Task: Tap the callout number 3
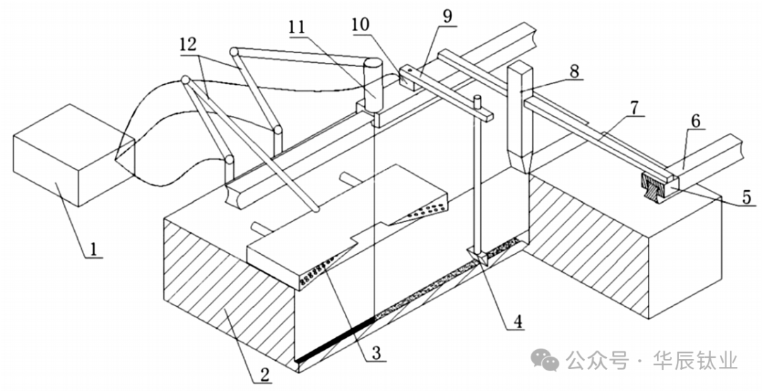click(x=379, y=351)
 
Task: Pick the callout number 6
click(x=697, y=122)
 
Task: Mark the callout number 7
click(x=634, y=108)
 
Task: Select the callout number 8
click(x=574, y=71)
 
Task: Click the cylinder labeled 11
click(x=372, y=81)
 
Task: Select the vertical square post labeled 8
click(x=521, y=117)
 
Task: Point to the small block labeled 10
click(x=408, y=76)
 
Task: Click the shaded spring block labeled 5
click(x=656, y=186)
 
